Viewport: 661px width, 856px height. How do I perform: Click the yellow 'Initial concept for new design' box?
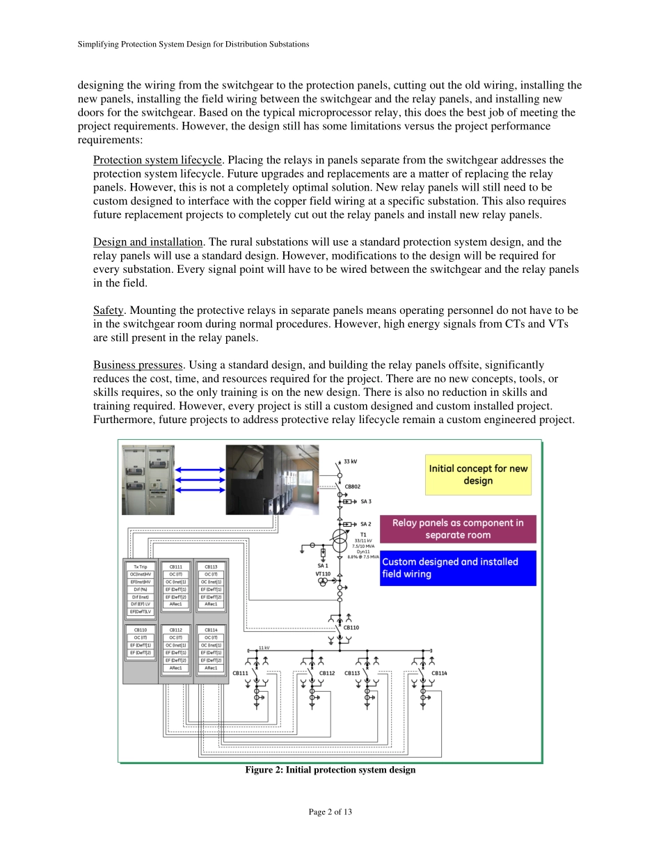coord(478,475)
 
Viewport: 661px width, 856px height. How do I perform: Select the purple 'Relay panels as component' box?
coord(457,529)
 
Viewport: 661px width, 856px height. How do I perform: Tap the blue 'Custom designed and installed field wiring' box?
coord(457,568)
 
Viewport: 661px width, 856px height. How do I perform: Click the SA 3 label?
coord(366,501)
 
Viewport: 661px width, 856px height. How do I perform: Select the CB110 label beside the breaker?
coord(352,628)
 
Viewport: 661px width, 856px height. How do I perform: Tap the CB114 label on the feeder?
coord(439,673)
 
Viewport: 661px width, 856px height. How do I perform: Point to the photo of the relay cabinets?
coord(148,479)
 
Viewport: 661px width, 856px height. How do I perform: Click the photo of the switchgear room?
coord(272,479)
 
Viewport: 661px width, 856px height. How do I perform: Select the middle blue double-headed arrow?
coord(200,479)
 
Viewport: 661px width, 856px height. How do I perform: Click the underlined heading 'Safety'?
coord(109,310)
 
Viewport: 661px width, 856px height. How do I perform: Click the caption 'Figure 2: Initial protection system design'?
coord(330,770)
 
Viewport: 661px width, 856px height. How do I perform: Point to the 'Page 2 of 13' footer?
coord(330,812)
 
